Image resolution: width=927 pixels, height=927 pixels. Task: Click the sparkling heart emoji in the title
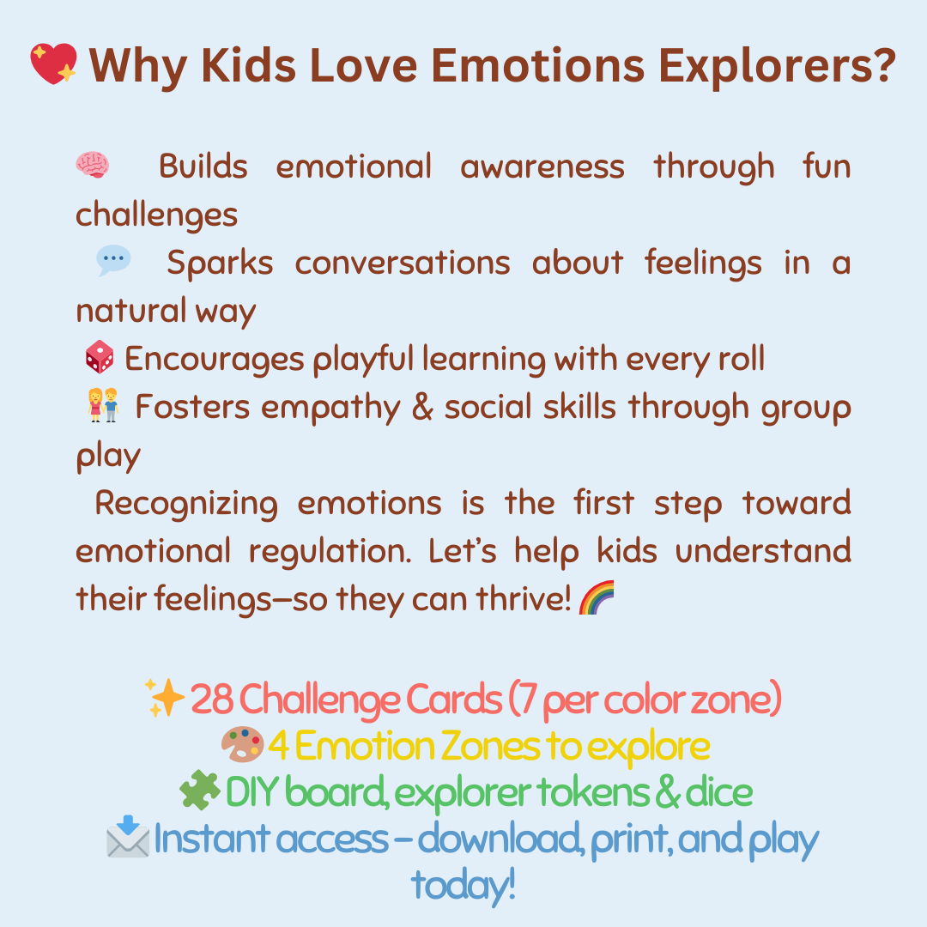click(53, 64)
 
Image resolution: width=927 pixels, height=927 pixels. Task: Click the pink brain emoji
click(93, 165)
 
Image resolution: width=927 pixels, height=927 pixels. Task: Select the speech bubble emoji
click(113, 261)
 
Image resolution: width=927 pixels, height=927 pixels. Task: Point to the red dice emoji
click(100, 358)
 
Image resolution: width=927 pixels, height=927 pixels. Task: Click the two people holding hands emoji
click(103, 406)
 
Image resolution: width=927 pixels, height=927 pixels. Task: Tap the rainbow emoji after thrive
click(597, 597)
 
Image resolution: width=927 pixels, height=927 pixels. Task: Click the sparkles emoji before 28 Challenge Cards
click(165, 699)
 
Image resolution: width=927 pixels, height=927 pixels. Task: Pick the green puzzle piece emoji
click(200, 791)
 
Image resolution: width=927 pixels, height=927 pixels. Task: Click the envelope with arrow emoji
click(128, 838)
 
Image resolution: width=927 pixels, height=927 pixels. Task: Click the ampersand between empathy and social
click(421, 408)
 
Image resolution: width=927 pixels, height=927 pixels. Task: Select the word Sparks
click(220, 263)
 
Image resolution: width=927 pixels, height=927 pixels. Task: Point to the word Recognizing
click(186, 504)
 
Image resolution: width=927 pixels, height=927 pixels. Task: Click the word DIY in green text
click(252, 792)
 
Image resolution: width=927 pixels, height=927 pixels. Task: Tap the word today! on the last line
click(463, 885)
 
